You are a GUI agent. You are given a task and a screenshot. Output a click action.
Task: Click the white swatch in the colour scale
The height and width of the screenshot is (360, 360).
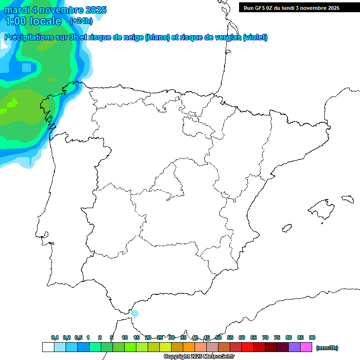[48, 347]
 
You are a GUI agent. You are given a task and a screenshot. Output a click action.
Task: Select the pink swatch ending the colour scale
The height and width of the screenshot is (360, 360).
[306, 347]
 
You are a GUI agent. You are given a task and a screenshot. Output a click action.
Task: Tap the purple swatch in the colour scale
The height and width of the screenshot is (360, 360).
[294, 347]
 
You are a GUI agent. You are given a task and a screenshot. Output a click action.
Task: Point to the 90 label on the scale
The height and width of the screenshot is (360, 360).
[312, 337]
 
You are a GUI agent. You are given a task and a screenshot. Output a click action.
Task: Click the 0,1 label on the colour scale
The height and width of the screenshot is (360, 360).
[55, 337]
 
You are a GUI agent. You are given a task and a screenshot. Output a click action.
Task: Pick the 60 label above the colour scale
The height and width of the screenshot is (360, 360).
[242, 337]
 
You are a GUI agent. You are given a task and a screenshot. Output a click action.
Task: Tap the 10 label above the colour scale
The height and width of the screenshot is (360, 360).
[125, 337]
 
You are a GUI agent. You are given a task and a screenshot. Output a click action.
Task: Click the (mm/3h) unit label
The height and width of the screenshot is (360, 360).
[327, 348]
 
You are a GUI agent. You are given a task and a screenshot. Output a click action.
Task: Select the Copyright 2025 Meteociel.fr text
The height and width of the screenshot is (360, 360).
[199, 357]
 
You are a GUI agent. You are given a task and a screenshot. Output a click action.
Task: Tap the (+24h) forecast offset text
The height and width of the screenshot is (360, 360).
[81, 21]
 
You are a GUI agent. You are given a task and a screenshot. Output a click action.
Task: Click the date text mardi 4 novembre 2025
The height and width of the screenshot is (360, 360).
[55, 10]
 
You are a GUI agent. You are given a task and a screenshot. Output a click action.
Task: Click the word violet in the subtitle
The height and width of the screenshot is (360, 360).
[255, 37]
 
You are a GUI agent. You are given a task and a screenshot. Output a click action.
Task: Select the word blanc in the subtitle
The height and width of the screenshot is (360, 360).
[157, 37]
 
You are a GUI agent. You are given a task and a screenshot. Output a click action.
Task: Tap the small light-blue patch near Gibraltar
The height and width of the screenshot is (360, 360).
[135, 313]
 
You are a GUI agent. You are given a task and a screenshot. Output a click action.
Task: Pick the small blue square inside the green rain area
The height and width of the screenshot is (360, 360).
[26, 67]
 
